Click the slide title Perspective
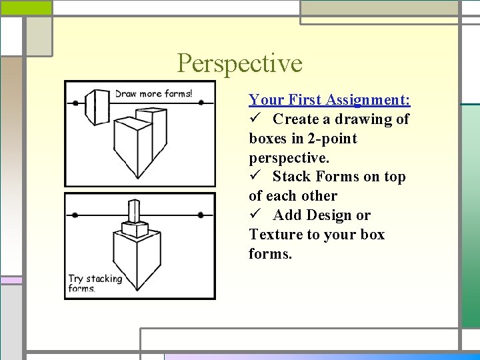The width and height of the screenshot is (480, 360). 239,64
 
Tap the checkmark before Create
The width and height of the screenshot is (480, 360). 255,119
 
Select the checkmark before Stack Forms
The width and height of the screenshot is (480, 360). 255,177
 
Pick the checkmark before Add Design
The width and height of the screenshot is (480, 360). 255,215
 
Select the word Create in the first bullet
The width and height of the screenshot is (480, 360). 295,119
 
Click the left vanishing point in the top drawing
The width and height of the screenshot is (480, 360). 75,103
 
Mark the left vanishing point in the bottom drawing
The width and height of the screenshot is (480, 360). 75,215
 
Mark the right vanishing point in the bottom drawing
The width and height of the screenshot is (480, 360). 201,215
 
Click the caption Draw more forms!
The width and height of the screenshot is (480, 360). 153,93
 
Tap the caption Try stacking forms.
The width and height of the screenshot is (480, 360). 95,283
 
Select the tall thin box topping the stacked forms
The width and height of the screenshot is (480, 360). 135,213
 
